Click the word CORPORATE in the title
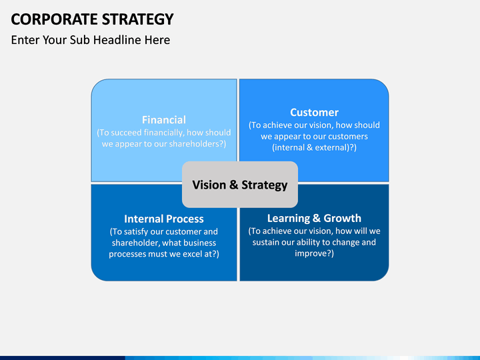point(55,19)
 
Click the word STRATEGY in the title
point(138,19)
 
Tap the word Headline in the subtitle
point(117,40)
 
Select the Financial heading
point(164,120)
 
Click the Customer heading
point(315,113)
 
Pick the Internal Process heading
point(164,219)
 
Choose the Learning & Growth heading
point(315,218)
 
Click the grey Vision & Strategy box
point(240,185)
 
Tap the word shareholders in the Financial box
point(195,144)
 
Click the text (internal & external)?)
point(315,147)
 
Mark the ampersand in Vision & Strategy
point(233,185)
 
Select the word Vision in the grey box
point(209,185)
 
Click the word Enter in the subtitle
point(25,40)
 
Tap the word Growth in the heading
point(343,218)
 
